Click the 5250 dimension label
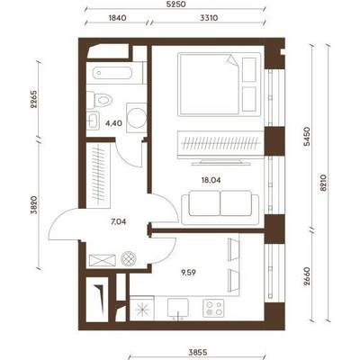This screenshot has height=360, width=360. coord(176,4)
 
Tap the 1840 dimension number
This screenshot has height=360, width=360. coord(117,18)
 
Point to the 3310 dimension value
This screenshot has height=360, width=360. coord(209,18)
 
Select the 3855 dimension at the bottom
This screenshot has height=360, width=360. coord(198,352)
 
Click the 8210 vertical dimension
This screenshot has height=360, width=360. coord(323,183)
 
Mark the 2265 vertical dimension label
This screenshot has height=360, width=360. coord(34,99)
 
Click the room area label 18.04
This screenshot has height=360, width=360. coord(211,180)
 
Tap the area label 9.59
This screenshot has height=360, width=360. coord(187,273)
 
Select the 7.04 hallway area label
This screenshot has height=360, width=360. coord(118,222)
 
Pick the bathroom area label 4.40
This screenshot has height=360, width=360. coord(113,122)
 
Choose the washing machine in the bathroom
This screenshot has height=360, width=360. coord(137,116)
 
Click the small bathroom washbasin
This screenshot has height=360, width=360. coord(93,121)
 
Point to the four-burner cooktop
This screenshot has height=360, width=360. coord(213,309)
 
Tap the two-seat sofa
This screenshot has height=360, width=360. coord(220,208)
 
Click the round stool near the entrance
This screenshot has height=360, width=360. coord(129,258)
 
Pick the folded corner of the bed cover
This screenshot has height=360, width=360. coord(233,60)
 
